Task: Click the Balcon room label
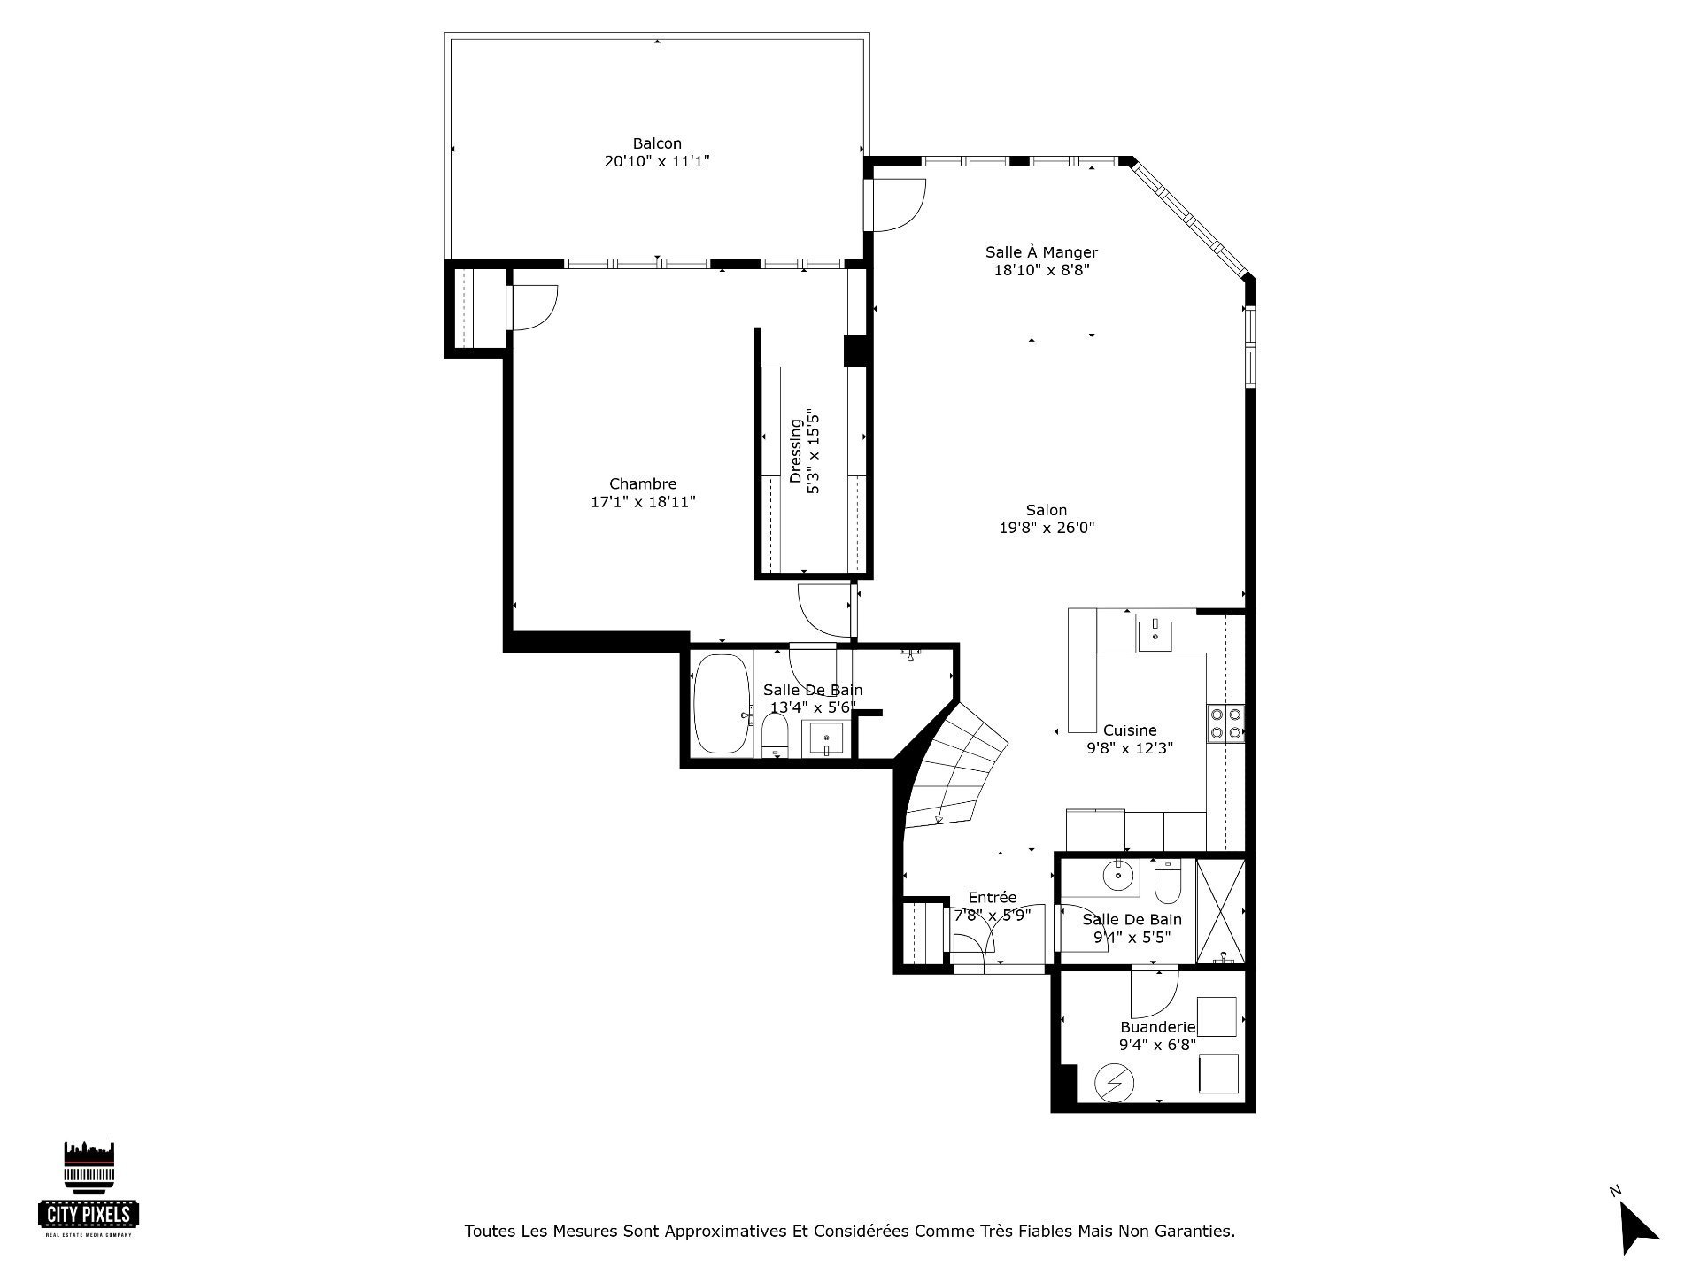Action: (657, 143)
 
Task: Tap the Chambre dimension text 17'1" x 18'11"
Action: (643, 502)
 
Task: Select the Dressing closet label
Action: (795, 451)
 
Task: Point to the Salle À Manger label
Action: (1041, 252)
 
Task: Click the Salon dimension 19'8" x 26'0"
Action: (1047, 528)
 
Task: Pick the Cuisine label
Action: (1130, 730)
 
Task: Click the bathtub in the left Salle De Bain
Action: (722, 704)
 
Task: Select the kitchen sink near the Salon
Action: (1155, 636)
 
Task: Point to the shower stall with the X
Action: (1220, 911)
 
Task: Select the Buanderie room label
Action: (1158, 1027)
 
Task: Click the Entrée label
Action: (993, 897)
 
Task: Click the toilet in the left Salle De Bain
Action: (776, 737)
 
